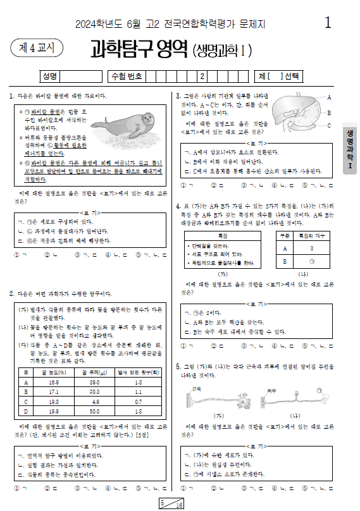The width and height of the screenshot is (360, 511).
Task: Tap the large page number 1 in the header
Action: pos(327,23)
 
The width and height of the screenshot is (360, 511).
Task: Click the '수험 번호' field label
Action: pos(127,77)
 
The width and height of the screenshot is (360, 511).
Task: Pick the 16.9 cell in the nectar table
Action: pos(53,383)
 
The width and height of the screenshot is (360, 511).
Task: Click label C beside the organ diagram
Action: pos(329,125)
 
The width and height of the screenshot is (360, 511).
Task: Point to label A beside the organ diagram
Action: pos(329,96)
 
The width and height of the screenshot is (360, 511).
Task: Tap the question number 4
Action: pos(178,206)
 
